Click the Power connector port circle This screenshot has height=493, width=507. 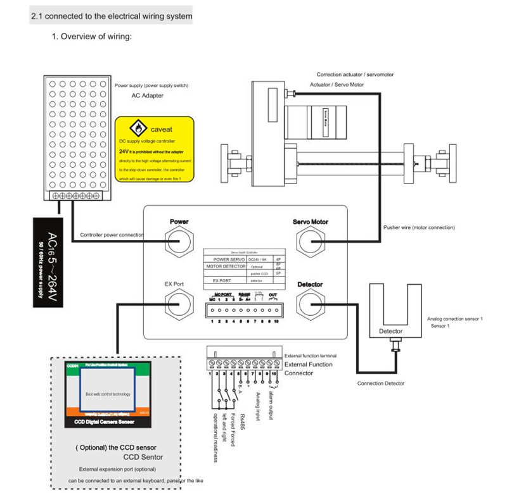179,242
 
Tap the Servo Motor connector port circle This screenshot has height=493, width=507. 310,242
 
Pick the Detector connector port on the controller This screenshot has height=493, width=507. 310,304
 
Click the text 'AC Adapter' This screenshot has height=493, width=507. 147,96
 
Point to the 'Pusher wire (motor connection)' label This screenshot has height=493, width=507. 419,227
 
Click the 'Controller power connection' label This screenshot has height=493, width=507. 112,235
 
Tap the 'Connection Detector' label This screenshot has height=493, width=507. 380,384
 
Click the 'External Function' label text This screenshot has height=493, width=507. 309,365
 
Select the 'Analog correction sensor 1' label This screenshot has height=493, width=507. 455,319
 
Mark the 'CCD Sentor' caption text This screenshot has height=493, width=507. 143,456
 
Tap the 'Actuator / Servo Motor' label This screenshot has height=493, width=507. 337,84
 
